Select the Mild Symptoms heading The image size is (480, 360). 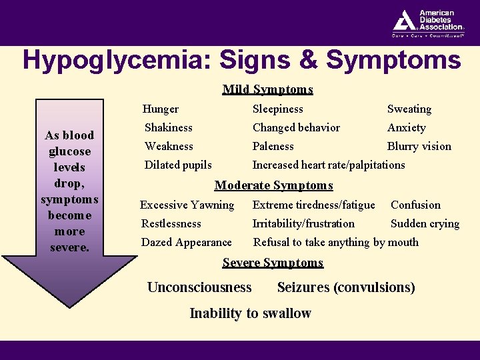pyautogui.click(x=267, y=89)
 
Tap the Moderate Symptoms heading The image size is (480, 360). pyautogui.click(x=273, y=185)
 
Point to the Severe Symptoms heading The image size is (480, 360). pyautogui.click(x=273, y=263)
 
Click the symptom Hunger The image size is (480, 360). pyautogui.click(x=161, y=109)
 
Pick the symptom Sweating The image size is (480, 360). pyautogui.click(x=409, y=109)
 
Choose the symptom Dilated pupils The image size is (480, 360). pyautogui.click(x=178, y=165)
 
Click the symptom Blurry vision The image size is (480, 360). pyautogui.click(x=419, y=146)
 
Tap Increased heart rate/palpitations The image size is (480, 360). pyautogui.click(x=329, y=165)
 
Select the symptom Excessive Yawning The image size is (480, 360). pyautogui.click(x=187, y=205)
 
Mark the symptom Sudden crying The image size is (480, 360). pyautogui.click(x=425, y=223)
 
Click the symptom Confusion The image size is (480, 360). pyautogui.click(x=415, y=205)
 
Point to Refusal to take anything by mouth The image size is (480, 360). pyautogui.click(x=336, y=242)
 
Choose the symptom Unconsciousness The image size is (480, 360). pyautogui.click(x=199, y=287)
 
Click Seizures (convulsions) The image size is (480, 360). pyautogui.click(x=346, y=287)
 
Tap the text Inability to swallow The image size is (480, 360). pyautogui.click(x=251, y=313)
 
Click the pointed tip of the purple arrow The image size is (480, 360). pyautogui.click(x=69, y=305)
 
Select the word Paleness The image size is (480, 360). pyautogui.click(x=273, y=146)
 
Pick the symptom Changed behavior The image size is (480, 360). pyautogui.click(x=296, y=127)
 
